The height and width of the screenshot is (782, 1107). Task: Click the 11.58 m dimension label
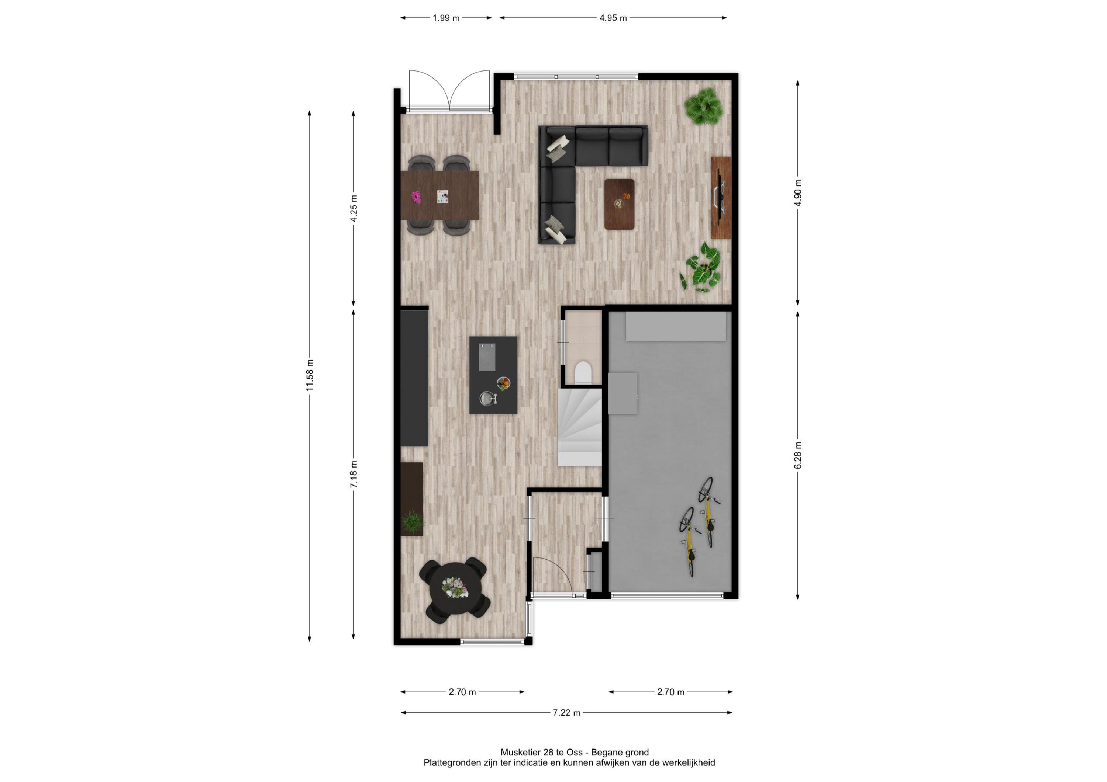pos(310,375)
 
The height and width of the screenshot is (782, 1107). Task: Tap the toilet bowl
pos(583,372)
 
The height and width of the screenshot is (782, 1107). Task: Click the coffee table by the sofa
pos(620,204)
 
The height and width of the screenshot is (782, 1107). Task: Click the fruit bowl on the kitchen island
pos(503,383)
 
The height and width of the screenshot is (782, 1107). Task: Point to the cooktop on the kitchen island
pos(487,357)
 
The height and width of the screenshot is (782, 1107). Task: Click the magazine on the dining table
pos(442,196)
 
